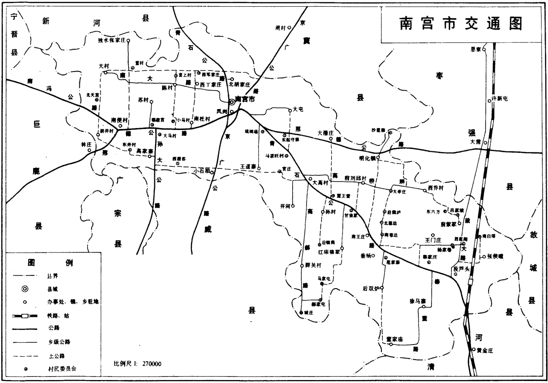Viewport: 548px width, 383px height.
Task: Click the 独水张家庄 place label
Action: (x=112, y=41)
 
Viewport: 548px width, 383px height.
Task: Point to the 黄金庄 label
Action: (x=485, y=349)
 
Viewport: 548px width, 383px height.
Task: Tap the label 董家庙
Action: (x=394, y=338)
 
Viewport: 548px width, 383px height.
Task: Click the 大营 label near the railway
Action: (x=475, y=142)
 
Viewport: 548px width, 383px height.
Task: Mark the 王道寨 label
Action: (x=248, y=166)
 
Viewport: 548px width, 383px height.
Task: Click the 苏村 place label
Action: (x=143, y=100)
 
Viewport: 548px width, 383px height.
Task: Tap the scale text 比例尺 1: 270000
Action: (x=137, y=364)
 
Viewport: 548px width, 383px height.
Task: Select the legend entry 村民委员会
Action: (x=61, y=368)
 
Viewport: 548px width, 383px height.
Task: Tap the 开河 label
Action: (x=285, y=206)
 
